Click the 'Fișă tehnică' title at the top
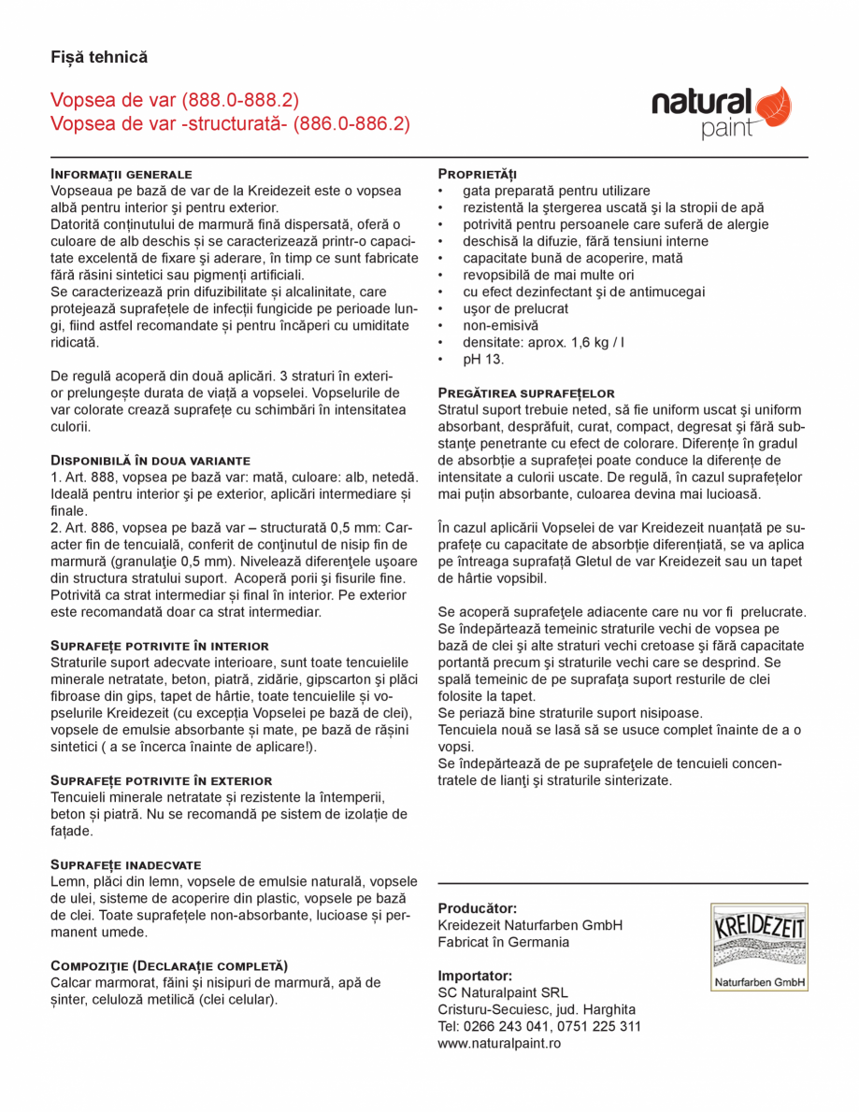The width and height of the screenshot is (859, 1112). click(99, 57)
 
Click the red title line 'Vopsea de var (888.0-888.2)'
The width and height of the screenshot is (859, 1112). click(175, 101)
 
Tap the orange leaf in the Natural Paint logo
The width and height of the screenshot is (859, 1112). click(772, 107)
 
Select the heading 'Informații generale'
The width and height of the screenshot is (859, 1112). click(122, 174)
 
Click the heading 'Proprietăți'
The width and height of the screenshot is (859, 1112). click(478, 174)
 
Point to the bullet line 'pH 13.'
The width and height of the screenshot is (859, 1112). click(483, 359)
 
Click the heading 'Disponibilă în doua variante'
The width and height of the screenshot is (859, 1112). click(150, 461)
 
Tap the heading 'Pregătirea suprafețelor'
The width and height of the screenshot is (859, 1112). click(526, 393)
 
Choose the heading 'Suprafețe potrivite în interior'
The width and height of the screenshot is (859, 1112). click(160, 646)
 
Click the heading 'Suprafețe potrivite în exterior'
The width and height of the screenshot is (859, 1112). click(161, 780)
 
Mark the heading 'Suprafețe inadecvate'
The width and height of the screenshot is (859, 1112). click(126, 864)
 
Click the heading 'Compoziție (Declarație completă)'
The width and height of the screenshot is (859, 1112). click(169, 965)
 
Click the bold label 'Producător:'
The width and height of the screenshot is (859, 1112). click(477, 908)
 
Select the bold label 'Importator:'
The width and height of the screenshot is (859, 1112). click(475, 976)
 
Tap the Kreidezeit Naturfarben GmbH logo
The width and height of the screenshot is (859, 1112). click(759, 947)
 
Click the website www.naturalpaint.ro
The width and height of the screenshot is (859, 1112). click(499, 1043)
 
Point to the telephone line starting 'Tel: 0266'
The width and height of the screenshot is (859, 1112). click(539, 1026)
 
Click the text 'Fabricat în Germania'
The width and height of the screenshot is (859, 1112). click(503, 942)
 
